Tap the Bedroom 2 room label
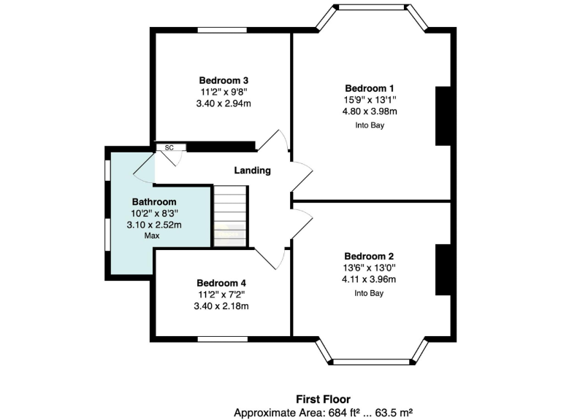369,256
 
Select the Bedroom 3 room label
223,80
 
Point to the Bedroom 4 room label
221,283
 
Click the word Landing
252,171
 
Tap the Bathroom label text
154,202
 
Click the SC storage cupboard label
169,148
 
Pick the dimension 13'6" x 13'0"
369,268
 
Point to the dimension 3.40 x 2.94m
223,104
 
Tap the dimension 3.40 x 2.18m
221,306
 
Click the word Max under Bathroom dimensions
152,236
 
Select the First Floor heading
323,399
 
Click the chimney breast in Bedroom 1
443,116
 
